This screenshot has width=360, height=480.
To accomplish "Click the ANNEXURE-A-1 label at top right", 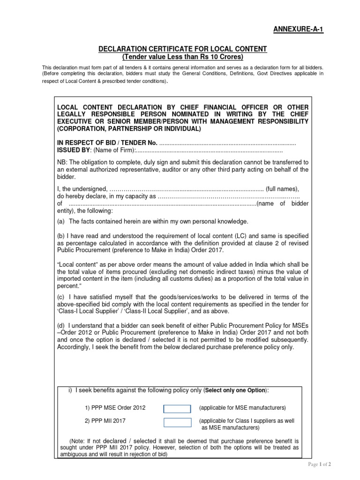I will (299, 30).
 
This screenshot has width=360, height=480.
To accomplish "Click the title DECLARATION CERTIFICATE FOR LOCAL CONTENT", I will (182, 49).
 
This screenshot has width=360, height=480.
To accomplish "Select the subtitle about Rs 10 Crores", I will (182, 57).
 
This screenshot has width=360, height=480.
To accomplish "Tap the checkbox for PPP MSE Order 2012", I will (177, 409).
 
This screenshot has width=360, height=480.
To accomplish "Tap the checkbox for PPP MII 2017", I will (177, 422).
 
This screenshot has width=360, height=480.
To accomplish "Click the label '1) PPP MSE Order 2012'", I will (115, 408).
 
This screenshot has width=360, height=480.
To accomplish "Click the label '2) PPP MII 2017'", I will (105, 421).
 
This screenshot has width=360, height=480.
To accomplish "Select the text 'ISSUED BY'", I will (73, 150).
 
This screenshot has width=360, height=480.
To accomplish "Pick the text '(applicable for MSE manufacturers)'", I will (242, 408).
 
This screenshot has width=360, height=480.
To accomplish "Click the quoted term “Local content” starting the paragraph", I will (77, 264).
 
